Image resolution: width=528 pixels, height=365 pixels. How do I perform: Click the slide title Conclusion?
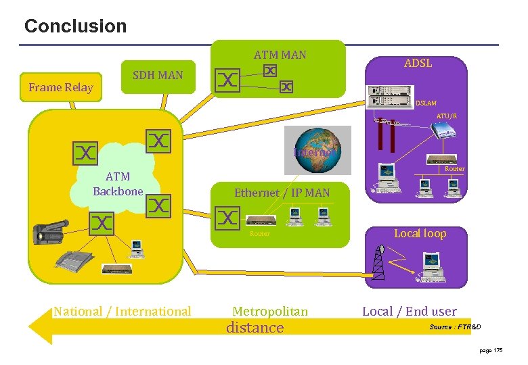tap(75, 26)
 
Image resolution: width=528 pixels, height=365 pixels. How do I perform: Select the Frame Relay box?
tap(61, 87)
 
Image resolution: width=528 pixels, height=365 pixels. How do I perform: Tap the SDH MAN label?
tap(158, 75)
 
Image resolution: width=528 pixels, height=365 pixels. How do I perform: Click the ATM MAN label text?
tap(280, 55)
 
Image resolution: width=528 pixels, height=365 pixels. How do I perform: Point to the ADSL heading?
tap(418, 63)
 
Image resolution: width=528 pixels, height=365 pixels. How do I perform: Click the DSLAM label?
tap(426, 103)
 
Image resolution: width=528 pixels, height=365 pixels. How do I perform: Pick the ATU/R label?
tap(446, 116)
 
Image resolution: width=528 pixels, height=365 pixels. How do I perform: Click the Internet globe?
tap(313, 151)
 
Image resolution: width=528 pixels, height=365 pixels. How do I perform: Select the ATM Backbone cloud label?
tap(118, 184)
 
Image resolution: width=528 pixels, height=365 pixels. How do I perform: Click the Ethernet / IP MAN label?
tap(282, 193)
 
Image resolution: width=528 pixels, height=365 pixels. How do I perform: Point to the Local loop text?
tap(420, 233)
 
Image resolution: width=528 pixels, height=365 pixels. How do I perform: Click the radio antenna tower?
tap(379, 262)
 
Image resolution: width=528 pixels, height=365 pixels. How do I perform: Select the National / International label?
tap(123, 311)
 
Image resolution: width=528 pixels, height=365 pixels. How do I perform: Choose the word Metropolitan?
tap(270, 311)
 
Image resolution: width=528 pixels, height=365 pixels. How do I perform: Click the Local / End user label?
tap(410, 311)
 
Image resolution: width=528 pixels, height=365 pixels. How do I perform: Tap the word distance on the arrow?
tap(255, 328)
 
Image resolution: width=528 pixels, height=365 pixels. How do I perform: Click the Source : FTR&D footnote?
tap(455, 327)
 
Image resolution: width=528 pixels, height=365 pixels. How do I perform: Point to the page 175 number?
tap(490, 350)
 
